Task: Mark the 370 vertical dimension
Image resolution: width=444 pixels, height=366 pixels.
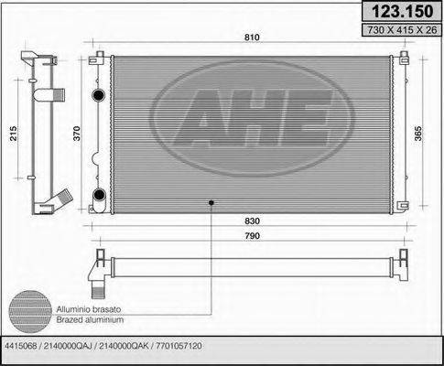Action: [x=78, y=134]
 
